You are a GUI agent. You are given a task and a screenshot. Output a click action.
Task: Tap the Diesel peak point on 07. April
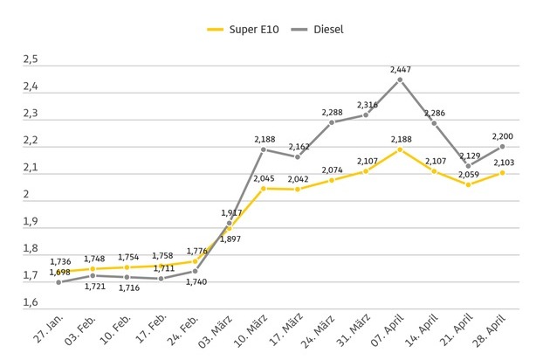(400, 80)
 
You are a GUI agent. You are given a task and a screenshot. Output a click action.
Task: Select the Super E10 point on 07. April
(400, 149)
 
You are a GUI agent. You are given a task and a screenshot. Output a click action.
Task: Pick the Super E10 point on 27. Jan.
(59, 273)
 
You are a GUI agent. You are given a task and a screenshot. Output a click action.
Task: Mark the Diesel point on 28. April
(502, 147)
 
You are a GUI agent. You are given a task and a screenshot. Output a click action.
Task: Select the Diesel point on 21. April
(468, 166)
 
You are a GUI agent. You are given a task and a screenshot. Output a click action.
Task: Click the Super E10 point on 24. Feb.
(196, 261)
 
